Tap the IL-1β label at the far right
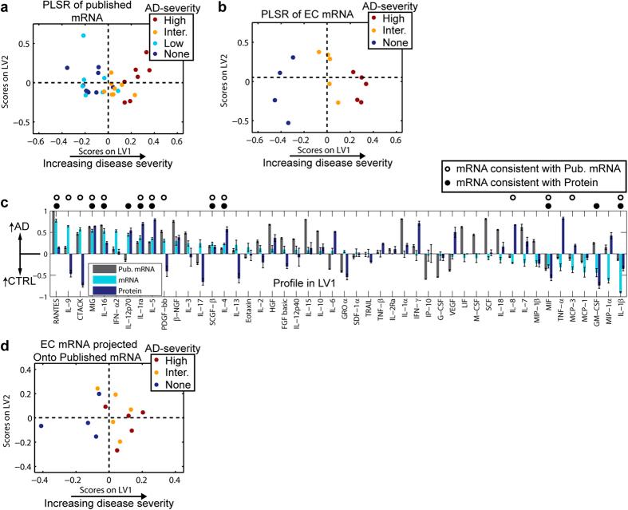[621, 313]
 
